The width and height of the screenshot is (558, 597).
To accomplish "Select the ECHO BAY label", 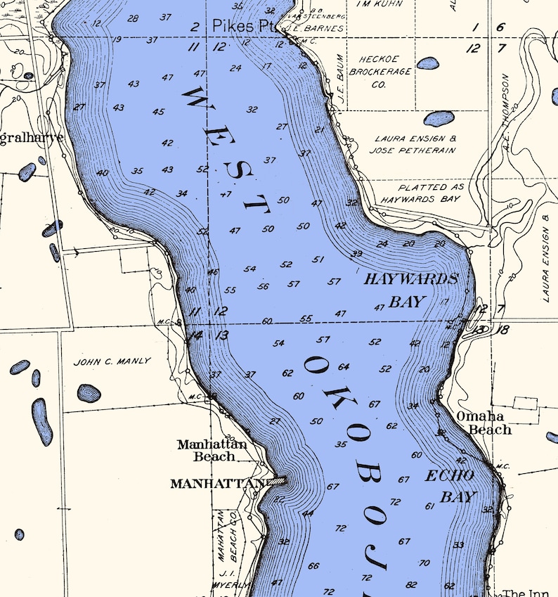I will pyautogui.click(x=450, y=486).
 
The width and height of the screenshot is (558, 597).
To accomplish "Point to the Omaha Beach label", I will pyautogui.click(x=485, y=423).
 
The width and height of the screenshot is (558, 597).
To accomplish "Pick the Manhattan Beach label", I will pyautogui.click(x=212, y=450).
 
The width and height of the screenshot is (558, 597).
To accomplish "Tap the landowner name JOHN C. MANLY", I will pyautogui.click(x=112, y=361).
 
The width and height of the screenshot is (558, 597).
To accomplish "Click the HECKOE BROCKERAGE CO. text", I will pyautogui.click(x=379, y=72).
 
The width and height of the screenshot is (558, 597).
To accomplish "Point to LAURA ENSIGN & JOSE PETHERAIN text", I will pyautogui.click(x=415, y=145).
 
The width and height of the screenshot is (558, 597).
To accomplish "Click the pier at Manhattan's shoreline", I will pyautogui.click(x=277, y=481).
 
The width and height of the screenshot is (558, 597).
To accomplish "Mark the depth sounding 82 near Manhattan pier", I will pyautogui.click(x=279, y=499).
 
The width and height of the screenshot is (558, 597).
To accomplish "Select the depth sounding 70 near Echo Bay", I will pyautogui.click(x=424, y=563).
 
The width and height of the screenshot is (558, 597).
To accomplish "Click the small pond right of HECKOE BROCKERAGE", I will pyautogui.click(x=427, y=63).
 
